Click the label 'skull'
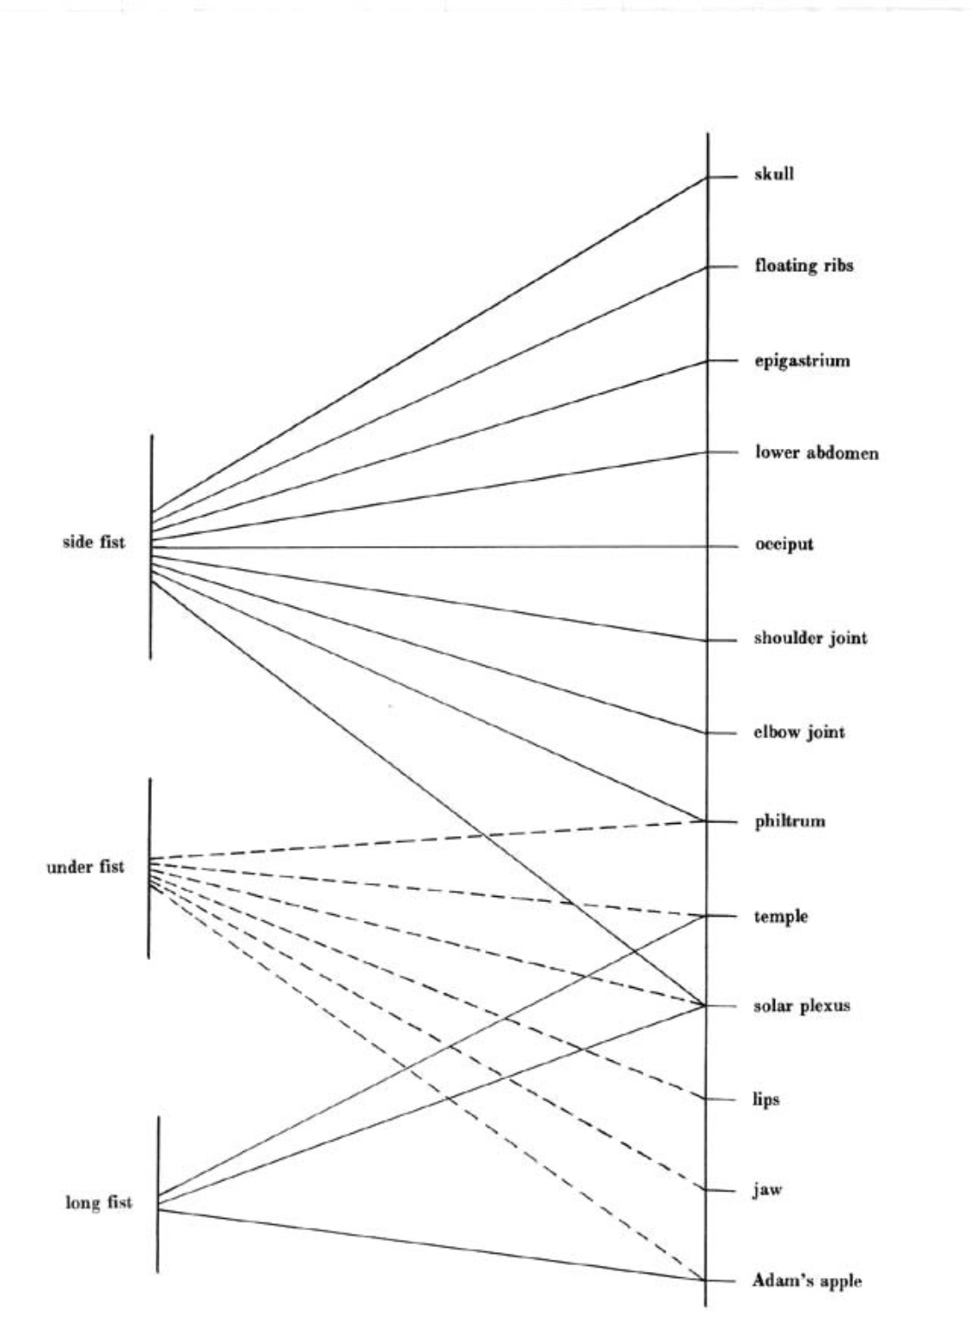pyautogui.click(x=774, y=175)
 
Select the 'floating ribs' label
pyautogui.click(x=804, y=266)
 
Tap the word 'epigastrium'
pyautogui.click(x=802, y=360)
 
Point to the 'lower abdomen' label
pyautogui.click(x=816, y=452)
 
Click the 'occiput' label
pyautogui.click(x=784, y=545)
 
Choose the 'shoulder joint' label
pyautogui.click(x=810, y=639)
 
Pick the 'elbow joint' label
pyautogui.click(x=798, y=732)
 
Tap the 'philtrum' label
pyautogui.click(x=789, y=820)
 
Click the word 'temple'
pyautogui.click(x=780, y=916)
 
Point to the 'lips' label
pyautogui.click(x=765, y=1100)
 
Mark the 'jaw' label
pyautogui.click(x=766, y=1189)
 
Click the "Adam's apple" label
pyautogui.click(x=807, y=1281)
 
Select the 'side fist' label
pyautogui.click(x=94, y=543)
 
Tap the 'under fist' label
pyautogui.click(x=85, y=866)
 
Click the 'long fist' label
pyautogui.click(x=99, y=1203)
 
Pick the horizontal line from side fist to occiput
pyautogui.click(x=434, y=547)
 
